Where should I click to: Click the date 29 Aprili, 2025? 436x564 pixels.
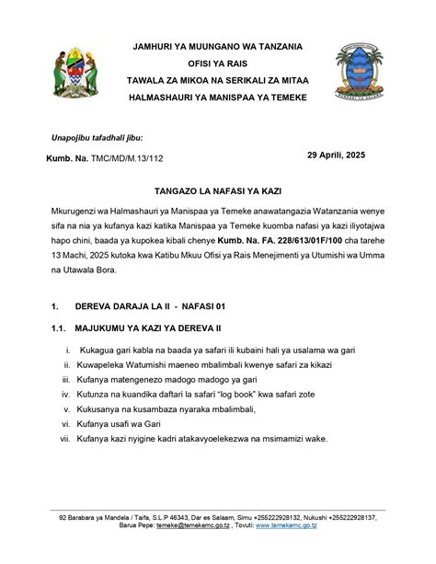click(336, 155)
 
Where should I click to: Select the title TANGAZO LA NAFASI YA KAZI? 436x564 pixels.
click(217, 197)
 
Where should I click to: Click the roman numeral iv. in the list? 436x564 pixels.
click(65, 394)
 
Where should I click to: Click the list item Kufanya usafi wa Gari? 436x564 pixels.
click(120, 423)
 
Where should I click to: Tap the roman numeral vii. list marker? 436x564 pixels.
click(64, 438)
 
